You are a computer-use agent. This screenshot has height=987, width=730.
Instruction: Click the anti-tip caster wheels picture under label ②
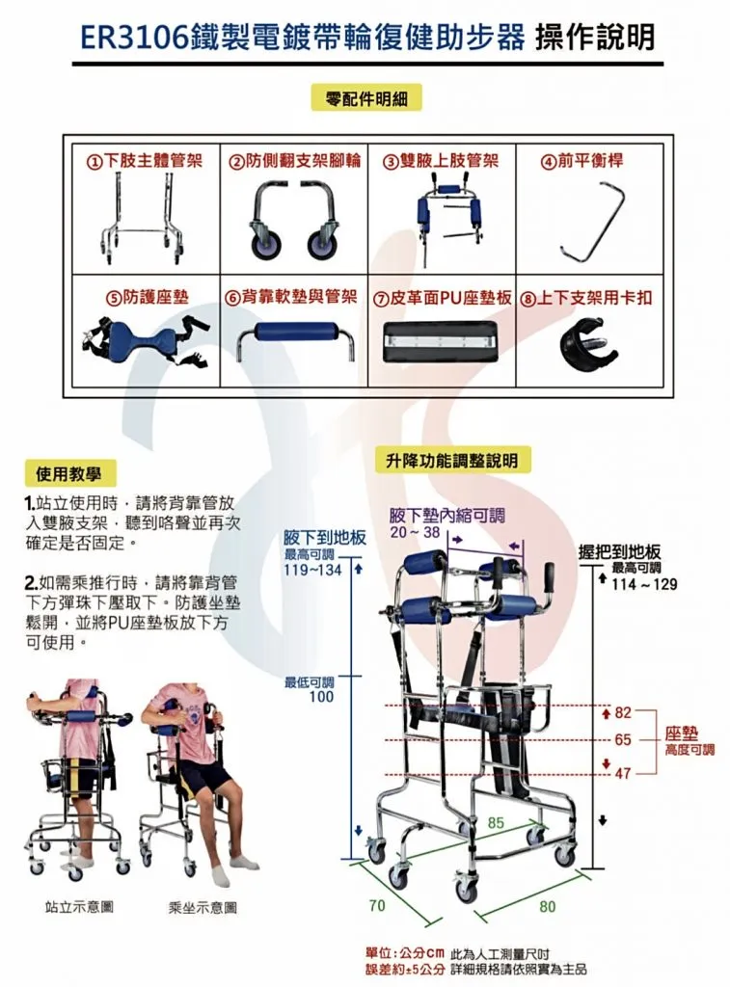click(x=290, y=221)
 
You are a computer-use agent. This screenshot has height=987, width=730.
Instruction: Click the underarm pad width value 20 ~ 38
click(x=415, y=532)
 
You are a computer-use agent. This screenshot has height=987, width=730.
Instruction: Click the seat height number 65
click(x=623, y=740)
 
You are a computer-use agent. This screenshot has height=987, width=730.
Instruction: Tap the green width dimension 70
click(x=376, y=905)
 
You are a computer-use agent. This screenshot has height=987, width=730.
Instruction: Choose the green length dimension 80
click(x=548, y=906)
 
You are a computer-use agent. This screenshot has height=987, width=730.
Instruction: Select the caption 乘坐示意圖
click(x=203, y=907)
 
